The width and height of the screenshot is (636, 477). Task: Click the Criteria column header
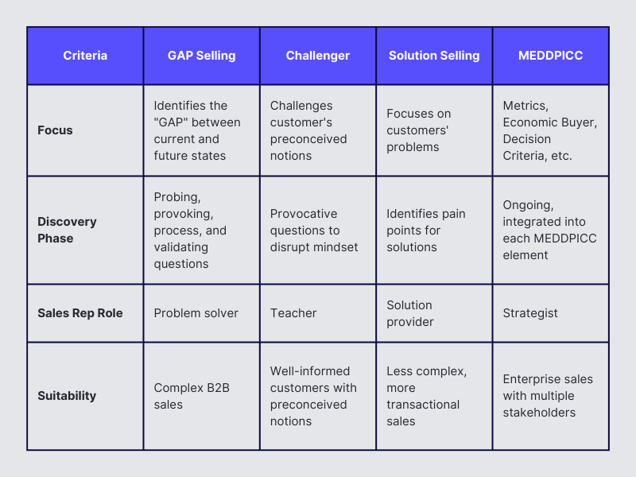click(x=85, y=56)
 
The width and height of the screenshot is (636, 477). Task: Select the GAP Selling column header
click(x=201, y=56)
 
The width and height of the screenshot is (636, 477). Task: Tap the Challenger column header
click(x=318, y=56)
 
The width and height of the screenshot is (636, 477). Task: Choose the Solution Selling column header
click(x=434, y=56)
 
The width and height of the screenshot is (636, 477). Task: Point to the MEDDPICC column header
click(x=550, y=56)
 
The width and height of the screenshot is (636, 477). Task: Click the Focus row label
click(x=55, y=130)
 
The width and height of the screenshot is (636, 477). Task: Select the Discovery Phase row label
click(x=67, y=231)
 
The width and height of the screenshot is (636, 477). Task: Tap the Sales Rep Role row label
click(x=80, y=313)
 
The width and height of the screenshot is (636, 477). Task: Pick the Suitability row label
click(x=67, y=396)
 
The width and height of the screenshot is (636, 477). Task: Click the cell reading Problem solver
click(x=196, y=313)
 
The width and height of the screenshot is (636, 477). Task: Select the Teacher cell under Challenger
click(x=293, y=313)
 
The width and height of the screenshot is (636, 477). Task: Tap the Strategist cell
click(x=530, y=313)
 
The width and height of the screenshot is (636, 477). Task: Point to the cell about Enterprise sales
click(x=548, y=396)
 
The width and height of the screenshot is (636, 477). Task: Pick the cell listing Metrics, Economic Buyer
click(x=549, y=130)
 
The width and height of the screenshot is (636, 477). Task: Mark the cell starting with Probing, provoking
click(x=191, y=231)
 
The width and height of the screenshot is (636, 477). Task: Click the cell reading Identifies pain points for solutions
click(x=426, y=231)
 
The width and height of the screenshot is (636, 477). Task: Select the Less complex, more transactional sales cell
click(x=427, y=396)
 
